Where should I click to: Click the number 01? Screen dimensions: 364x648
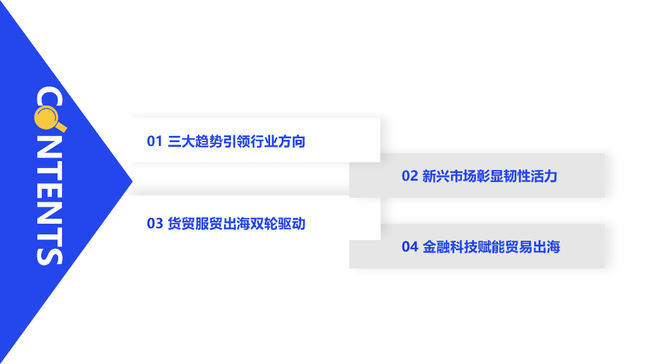(x=155, y=141)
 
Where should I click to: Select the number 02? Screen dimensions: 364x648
(x=410, y=176)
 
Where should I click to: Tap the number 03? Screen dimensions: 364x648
(x=155, y=223)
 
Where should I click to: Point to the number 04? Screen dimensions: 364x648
(x=410, y=246)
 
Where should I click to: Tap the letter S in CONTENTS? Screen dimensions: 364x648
(x=49, y=252)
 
